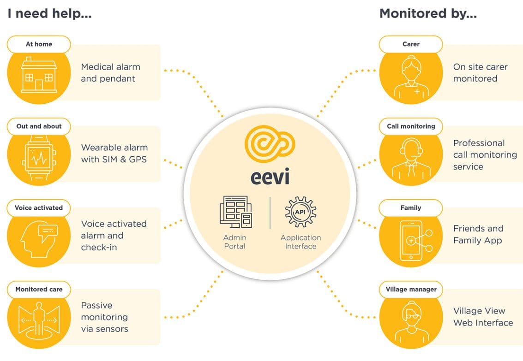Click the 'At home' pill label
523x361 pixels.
[x=39, y=44]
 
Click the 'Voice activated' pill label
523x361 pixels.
[x=39, y=208]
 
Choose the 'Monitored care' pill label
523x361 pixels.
[x=39, y=290]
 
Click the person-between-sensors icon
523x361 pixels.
[x=39, y=319]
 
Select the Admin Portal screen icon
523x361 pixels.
[x=235, y=213]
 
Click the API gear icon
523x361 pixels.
[x=301, y=213]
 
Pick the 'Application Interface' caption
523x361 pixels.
[x=301, y=242]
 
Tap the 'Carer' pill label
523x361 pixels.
[x=410, y=44]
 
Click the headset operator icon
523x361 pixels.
[x=410, y=159]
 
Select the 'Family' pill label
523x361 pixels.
[x=410, y=208]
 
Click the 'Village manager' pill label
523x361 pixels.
[x=410, y=290]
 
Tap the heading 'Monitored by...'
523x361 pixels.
[x=427, y=14]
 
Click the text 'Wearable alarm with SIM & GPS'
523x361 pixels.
[x=114, y=154]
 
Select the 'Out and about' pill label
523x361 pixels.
[x=39, y=126]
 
